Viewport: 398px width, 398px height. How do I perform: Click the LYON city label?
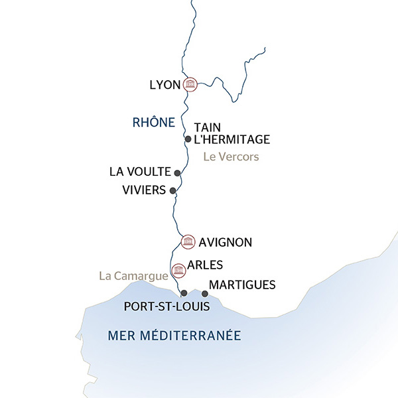click(x=165, y=84)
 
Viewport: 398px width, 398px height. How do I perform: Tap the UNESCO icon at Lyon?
click(x=190, y=84)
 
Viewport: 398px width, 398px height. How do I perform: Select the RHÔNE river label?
click(x=154, y=122)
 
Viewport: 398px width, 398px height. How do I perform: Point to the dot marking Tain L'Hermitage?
click(x=188, y=139)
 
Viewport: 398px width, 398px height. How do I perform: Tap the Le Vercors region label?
click(x=230, y=157)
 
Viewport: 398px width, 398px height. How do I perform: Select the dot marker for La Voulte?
click(x=177, y=172)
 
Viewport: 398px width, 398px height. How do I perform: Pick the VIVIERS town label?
click(x=143, y=190)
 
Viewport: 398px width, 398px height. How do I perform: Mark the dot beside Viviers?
click(x=173, y=191)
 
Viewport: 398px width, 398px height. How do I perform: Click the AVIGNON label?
click(x=225, y=242)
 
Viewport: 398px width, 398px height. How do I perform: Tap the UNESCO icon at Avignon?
click(x=188, y=241)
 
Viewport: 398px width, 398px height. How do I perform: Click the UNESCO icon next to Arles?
click(x=178, y=269)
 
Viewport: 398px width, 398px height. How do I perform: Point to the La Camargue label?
click(x=133, y=275)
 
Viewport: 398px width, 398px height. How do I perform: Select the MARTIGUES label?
click(x=242, y=285)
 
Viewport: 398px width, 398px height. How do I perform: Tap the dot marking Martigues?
click(x=205, y=293)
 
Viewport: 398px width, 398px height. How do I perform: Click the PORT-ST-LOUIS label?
click(x=167, y=307)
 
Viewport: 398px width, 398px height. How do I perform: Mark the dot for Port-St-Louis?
click(x=184, y=293)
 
